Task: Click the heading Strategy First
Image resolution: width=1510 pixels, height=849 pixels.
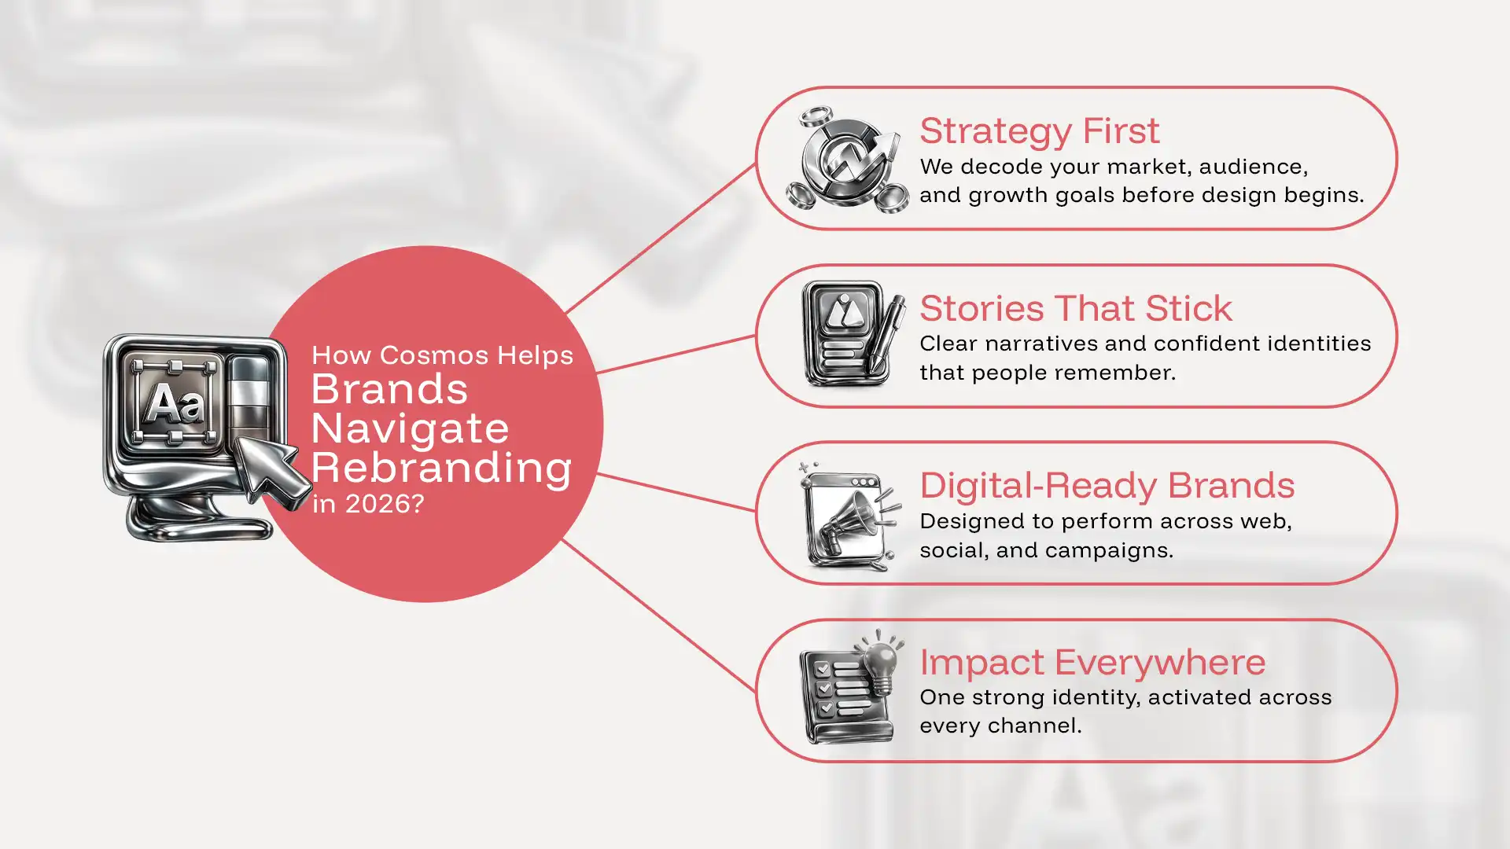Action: tap(1039, 131)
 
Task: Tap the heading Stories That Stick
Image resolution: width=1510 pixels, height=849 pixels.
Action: tap(1075, 308)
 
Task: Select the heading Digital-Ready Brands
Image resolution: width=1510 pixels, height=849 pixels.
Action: tap(1107, 486)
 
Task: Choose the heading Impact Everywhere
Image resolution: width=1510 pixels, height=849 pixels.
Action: tap(1092, 663)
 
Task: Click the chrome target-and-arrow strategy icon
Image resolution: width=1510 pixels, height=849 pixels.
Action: tap(848, 160)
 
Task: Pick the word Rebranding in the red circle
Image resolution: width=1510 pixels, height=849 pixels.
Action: tap(441, 469)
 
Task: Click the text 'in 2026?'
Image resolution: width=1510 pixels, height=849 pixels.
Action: tap(368, 504)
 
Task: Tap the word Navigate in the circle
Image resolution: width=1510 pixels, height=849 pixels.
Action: tap(410, 429)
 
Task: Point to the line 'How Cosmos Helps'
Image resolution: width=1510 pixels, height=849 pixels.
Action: tap(442, 356)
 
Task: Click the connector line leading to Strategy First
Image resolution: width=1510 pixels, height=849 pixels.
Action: tap(661, 238)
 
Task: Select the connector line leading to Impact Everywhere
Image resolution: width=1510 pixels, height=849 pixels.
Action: tap(659, 615)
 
